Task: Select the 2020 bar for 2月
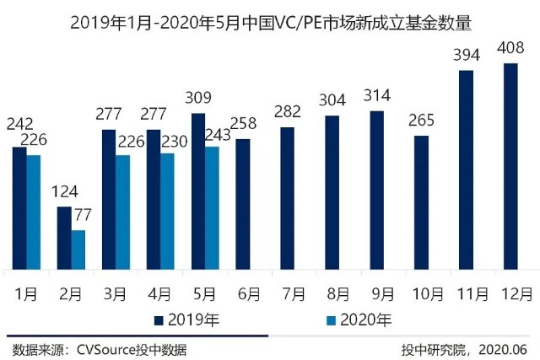[78, 250]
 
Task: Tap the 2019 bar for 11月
[466, 169]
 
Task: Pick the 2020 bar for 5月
[213, 207]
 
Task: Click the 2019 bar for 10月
[421, 202]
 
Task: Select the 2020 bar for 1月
[34, 212]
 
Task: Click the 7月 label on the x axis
[293, 294]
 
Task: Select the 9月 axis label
[382, 294]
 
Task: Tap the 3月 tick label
[116, 294]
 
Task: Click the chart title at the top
[270, 19]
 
